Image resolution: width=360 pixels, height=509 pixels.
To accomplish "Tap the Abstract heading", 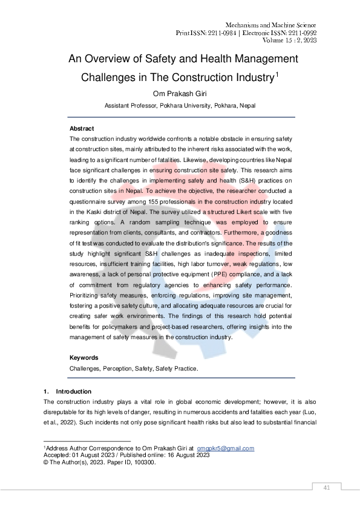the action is pos(82,129).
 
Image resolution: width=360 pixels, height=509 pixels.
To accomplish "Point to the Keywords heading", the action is pos(84,357).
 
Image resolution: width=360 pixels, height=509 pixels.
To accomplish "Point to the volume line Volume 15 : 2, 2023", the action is pos(290,41).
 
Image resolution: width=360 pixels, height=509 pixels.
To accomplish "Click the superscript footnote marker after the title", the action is pos(277,74).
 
